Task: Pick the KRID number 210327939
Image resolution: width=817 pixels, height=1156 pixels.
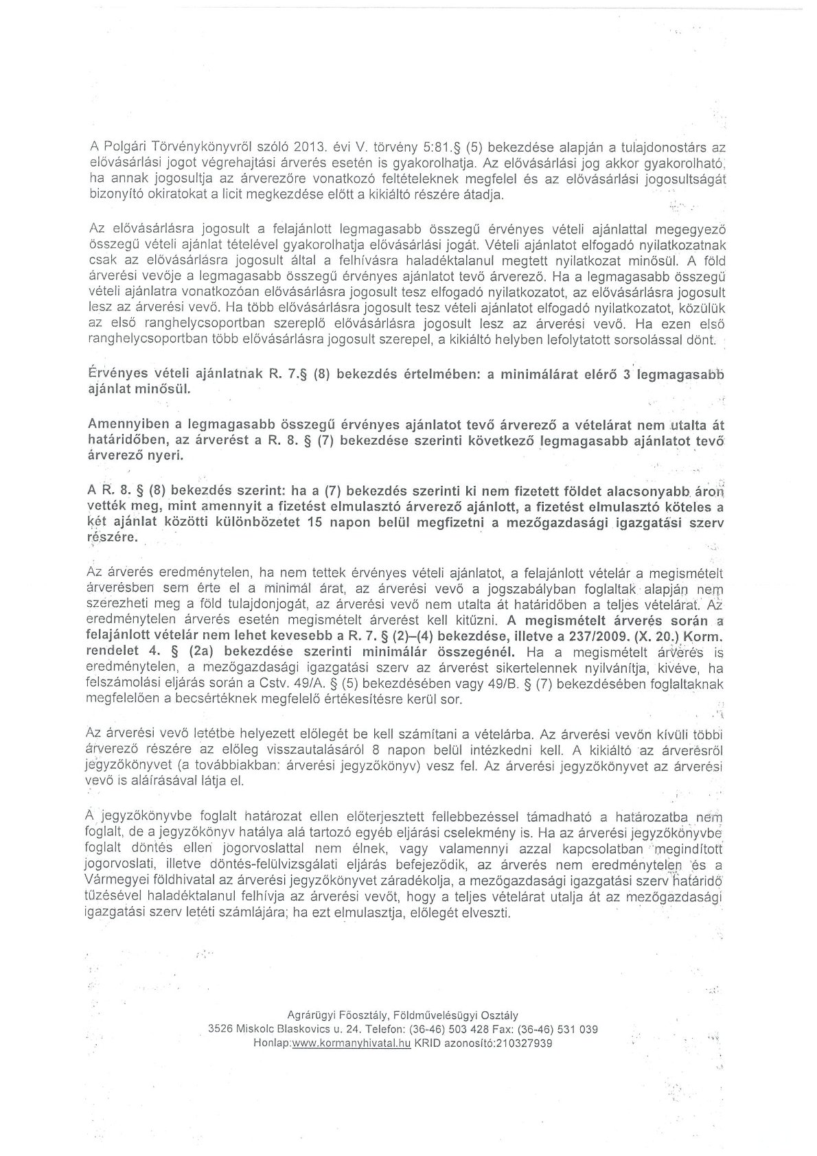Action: [x=518, y=1042]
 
